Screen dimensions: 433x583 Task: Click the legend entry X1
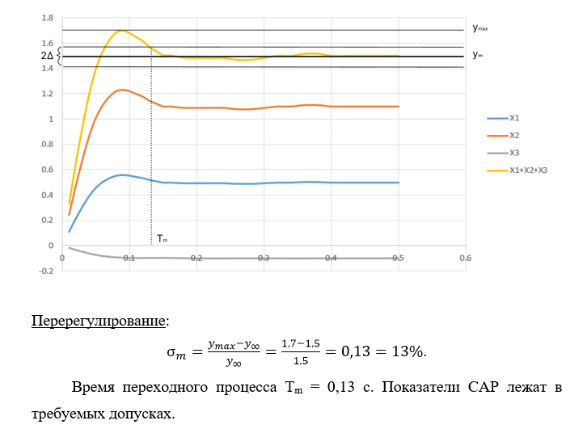(x=513, y=118)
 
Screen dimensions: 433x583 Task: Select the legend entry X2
(x=513, y=135)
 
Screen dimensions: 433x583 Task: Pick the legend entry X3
(x=513, y=153)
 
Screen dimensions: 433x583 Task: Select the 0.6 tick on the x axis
(x=465, y=258)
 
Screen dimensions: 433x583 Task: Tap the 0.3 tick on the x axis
(x=264, y=258)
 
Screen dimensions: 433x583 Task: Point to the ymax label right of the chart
(x=480, y=28)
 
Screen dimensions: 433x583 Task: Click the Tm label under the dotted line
(x=162, y=238)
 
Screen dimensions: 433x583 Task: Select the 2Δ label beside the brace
(x=47, y=56)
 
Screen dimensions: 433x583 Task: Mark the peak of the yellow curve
(x=121, y=31)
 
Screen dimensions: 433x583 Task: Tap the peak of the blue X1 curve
(x=121, y=174)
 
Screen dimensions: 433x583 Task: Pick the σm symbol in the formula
(x=175, y=354)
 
